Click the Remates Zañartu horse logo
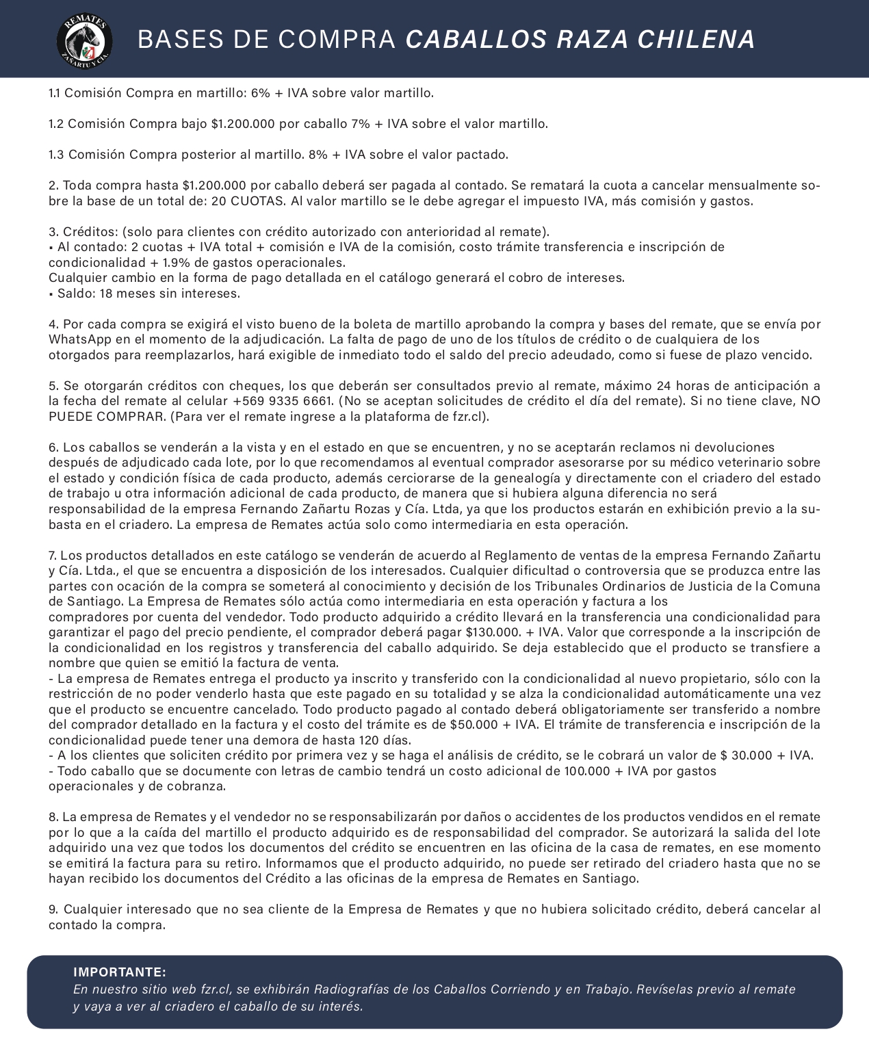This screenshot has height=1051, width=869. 84,40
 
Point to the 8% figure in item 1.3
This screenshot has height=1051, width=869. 317,155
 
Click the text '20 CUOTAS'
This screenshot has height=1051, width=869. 248,201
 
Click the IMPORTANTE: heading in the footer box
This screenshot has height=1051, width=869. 120,972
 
